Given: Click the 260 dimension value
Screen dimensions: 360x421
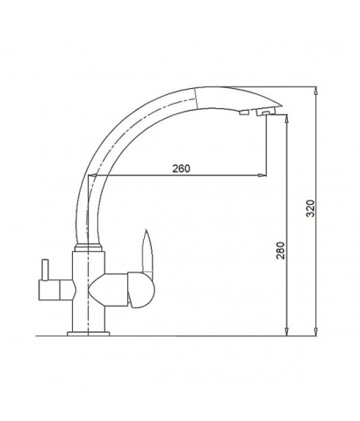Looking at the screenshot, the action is click(181, 168).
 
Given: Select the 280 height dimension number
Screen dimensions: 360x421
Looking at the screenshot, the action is click(280, 250).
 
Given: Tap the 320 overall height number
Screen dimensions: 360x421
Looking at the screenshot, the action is click(310, 208).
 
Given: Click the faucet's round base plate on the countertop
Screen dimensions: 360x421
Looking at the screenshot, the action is click(88, 334).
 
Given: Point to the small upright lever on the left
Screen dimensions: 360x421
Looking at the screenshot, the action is click(45, 269).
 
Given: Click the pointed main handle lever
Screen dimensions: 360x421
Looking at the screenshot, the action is click(148, 251).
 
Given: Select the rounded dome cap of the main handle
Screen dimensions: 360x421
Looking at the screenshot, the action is click(142, 290).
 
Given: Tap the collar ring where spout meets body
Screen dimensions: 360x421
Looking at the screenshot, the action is click(88, 247).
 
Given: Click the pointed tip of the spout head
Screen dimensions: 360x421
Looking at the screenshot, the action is click(281, 105).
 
